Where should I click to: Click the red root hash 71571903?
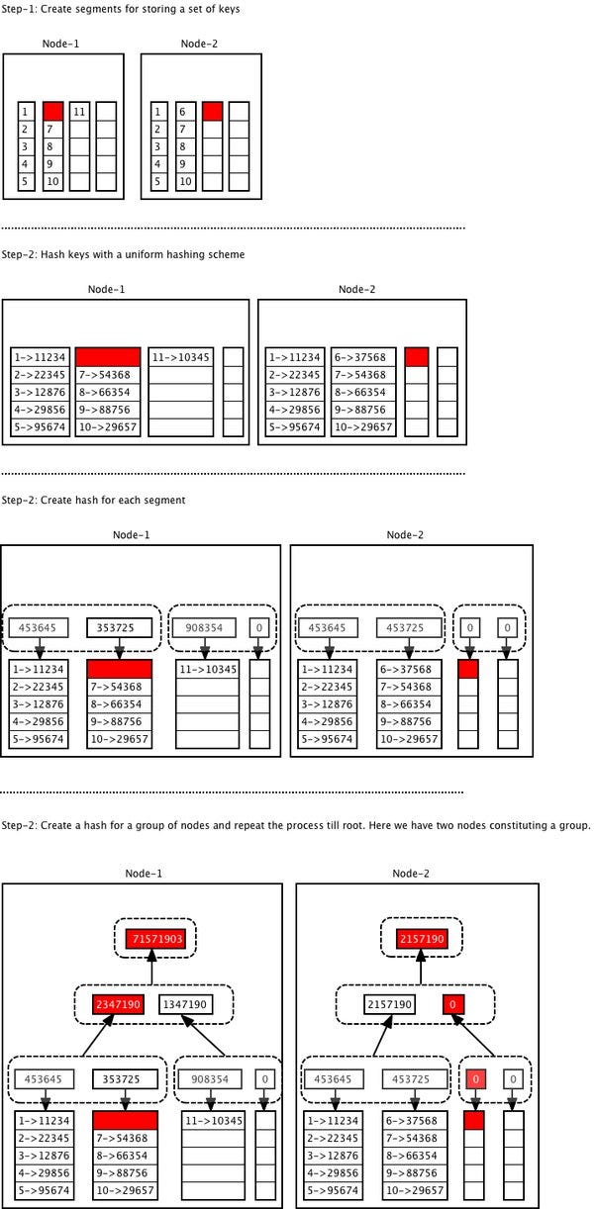154,937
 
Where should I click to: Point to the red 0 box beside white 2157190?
452,1004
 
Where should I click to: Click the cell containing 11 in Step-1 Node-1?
80,112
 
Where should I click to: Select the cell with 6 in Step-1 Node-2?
185,112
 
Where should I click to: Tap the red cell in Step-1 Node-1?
53,111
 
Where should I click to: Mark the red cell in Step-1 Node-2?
212,111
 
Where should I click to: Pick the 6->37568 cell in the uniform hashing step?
362,357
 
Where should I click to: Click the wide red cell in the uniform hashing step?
108,356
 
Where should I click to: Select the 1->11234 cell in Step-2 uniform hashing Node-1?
40,357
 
